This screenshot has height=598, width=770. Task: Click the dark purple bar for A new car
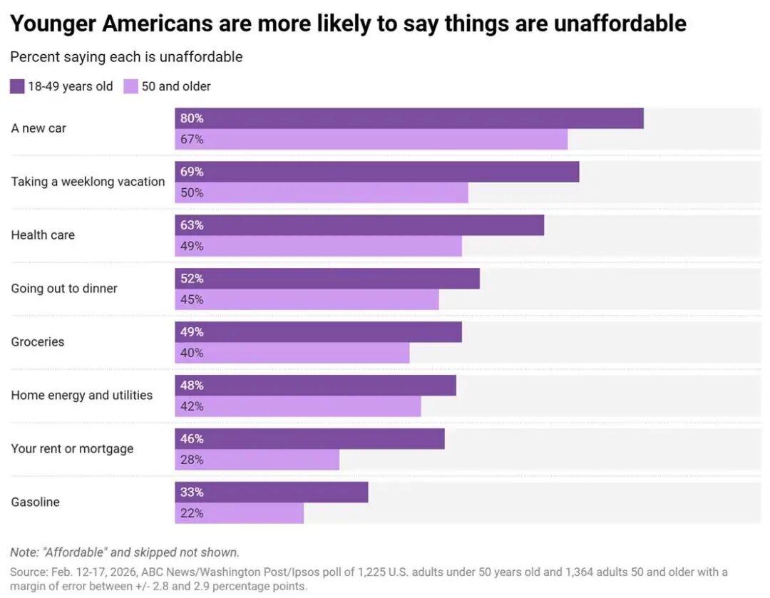[409, 118]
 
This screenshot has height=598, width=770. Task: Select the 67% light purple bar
[371, 140]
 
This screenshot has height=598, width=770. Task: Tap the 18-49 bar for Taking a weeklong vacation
[376, 172]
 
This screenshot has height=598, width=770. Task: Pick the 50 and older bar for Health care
[318, 247]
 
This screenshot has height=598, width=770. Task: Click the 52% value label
[192, 279]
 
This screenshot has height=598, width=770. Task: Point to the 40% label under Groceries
[192, 354]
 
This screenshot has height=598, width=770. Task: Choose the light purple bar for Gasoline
[239, 514]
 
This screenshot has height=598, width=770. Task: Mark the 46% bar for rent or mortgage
[309, 439]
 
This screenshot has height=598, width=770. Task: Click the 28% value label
[192, 460]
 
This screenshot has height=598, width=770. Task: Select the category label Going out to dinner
[64, 289]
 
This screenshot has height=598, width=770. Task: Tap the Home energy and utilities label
[81, 396]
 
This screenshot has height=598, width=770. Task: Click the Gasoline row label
[35, 502]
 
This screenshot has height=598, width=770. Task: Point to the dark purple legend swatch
[17, 87]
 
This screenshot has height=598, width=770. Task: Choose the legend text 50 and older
[176, 87]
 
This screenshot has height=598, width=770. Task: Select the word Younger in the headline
[53, 24]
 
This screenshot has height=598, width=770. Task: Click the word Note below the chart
[24, 552]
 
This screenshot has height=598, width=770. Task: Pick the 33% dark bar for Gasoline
[271, 493]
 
